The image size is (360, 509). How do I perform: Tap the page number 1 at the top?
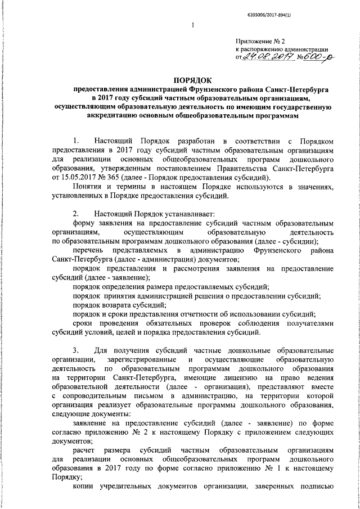[192, 25]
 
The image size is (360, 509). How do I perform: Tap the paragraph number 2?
[75, 214]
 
